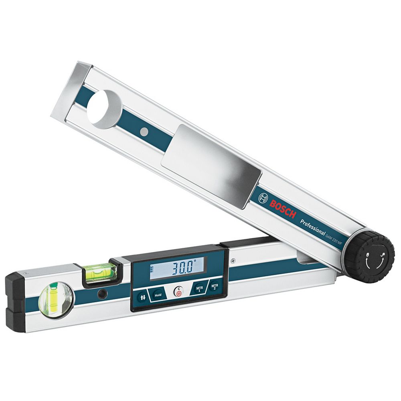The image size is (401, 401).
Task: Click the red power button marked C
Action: (x=178, y=292)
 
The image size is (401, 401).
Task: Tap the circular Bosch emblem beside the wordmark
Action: (x=263, y=198)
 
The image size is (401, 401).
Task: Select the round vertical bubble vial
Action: (x=55, y=299)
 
